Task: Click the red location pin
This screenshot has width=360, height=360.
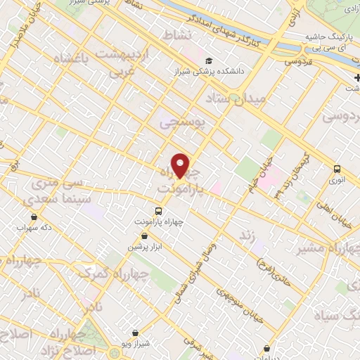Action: [x=181, y=165]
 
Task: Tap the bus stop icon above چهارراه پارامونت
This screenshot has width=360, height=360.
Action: [x=158, y=210]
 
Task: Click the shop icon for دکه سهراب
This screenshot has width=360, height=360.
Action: [x=35, y=217]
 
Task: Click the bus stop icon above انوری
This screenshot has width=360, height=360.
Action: [x=337, y=169]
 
